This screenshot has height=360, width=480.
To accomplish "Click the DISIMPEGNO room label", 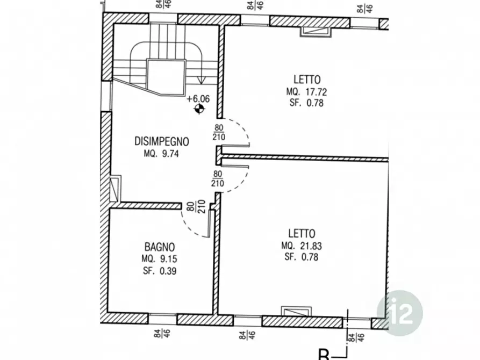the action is [x=162, y=141].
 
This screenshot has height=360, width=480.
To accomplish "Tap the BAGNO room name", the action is [x=160, y=247].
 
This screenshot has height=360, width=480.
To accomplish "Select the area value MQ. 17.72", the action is [x=306, y=91].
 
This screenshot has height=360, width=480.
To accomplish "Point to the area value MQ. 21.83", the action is [x=302, y=246].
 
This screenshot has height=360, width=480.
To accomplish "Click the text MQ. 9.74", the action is [x=161, y=153].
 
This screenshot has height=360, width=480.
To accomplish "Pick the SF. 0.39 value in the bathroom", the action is [x=160, y=271].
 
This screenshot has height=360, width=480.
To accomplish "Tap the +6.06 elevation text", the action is [x=198, y=99].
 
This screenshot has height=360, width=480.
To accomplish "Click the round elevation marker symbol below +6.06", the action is [x=199, y=109].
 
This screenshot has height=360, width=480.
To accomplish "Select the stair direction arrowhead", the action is [x=201, y=80].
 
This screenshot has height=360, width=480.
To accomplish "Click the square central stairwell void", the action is [x=166, y=77].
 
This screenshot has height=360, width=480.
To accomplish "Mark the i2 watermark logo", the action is [x=399, y=313].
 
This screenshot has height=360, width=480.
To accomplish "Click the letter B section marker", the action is [x=324, y=355].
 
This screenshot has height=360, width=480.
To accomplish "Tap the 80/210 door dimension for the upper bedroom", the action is [x=219, y=132].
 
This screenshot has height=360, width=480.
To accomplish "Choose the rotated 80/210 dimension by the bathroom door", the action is [x=196, y=206].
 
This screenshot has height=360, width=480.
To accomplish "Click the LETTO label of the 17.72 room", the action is [x=307, y=80].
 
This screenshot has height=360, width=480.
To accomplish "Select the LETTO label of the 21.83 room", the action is [x=302, y=234].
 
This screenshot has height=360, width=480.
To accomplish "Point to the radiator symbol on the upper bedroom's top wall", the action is [x=316, y=32].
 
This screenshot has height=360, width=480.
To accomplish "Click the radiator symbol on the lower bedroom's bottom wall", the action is [x=296, y=311].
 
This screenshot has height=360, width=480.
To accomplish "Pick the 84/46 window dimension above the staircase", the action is [x=163, y=4].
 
